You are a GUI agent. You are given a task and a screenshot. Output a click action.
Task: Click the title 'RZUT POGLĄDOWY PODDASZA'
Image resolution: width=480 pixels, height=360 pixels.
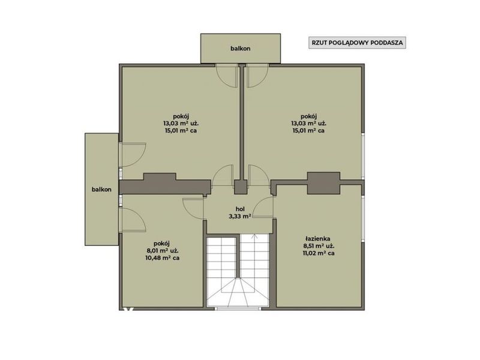pyautogui.click(x=357, y=43)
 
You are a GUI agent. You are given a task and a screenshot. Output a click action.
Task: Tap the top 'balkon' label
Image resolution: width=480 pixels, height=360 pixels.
pyautogui.click(x=241, y=49)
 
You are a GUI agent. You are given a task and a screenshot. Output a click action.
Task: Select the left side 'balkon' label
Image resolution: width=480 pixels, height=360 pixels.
pyautogui.click(x=101, y=190)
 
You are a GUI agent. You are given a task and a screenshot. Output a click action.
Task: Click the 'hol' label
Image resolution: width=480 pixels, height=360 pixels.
pyautogui.click(x=240, y=209)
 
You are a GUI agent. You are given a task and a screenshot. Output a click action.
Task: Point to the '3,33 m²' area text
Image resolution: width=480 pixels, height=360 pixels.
pyautogui.click(x=240, y=217)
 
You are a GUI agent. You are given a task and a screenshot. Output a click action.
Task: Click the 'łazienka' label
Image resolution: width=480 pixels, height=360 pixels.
pyautogui.click(x=317, y=238)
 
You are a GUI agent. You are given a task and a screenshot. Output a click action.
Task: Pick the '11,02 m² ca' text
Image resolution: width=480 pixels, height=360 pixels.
pyautogui.click(x=317, y=253)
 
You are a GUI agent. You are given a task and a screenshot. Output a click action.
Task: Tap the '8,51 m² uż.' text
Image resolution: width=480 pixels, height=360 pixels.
pyautogui.click(x=318, y=246)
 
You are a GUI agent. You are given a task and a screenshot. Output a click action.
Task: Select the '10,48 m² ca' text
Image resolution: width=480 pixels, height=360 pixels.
pyautogui.click(x=162, y=258)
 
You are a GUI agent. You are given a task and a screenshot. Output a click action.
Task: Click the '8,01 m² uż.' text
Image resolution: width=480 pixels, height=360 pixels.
pyautogui.click(x=162, y=251)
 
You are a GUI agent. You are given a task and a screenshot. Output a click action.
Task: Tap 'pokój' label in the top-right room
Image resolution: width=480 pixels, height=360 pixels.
pyautogui.click(x=308, y=116)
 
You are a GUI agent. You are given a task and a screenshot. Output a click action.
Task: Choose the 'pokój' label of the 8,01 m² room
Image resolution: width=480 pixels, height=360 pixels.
pyautogui.click(x=161, y=244)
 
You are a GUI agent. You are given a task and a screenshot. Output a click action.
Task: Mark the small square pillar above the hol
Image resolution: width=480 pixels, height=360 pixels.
pyautogui.click(x=241, y=187)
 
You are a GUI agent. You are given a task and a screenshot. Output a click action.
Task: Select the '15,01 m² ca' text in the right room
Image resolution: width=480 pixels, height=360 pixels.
pyautogui.click(x=308, y=131)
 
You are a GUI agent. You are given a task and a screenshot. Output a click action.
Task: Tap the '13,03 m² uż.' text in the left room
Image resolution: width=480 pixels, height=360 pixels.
pyautogui.click(x=181, y=124)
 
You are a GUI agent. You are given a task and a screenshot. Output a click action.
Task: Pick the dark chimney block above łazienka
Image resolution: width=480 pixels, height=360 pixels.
pyautogui.click(x=323, y=183)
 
